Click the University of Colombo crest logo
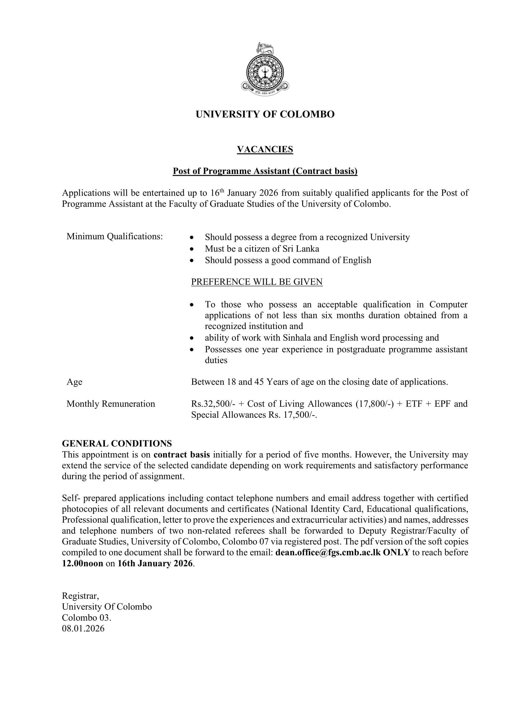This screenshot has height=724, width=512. [265, 69]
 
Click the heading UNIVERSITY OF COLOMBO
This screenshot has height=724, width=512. [265, 114]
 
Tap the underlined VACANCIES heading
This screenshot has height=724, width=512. [265, 149]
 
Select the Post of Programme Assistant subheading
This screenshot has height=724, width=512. [265, 171]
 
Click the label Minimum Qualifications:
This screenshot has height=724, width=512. [115, 236]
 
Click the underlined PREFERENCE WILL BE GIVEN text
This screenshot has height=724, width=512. [257, 282]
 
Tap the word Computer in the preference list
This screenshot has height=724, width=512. [448, 304]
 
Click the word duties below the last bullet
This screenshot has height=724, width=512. [216, 360]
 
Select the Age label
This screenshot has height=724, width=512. [74, 382]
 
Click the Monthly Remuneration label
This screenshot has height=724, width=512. [111, 404]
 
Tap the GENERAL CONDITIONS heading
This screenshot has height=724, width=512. [117, 443]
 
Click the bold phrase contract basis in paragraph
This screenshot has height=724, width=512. [182, 454]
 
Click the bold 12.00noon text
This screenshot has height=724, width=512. [83, 563]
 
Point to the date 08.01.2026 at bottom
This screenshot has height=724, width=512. [83, 628]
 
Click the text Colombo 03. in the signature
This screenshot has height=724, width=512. [86, 618]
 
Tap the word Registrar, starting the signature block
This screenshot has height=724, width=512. [80, 596]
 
